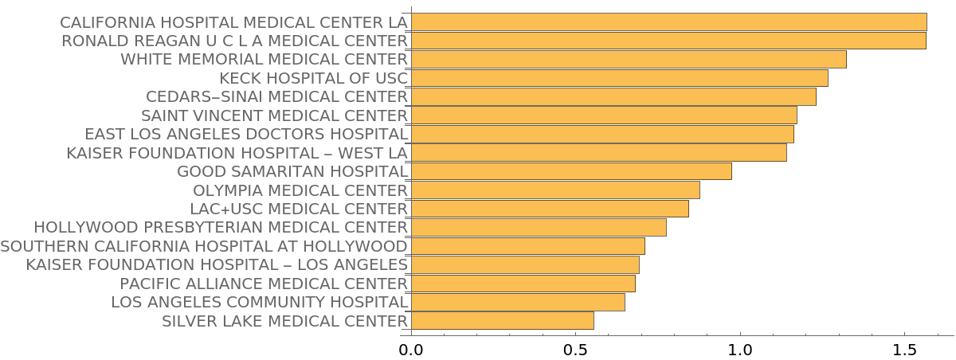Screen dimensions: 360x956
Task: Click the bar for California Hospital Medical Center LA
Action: point(668,22)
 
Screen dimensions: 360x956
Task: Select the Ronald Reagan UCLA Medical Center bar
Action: point(668,40)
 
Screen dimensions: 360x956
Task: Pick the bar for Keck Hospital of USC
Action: point(619,77)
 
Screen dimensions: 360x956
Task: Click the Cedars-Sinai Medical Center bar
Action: point(613,96)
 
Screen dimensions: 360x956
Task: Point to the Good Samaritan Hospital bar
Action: point(570,171)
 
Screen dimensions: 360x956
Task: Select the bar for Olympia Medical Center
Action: point(554,190)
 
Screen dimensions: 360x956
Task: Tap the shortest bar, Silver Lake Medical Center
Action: point(502,321)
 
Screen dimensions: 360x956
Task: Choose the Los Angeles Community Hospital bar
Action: point(517,302)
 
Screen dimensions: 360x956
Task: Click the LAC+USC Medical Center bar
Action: point(549,209)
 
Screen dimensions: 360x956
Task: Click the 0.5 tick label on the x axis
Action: point(575,350)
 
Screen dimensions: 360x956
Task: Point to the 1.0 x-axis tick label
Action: point(740,350)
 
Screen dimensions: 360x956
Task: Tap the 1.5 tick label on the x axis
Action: point(904,350)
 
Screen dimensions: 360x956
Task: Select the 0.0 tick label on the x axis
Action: point(411,350)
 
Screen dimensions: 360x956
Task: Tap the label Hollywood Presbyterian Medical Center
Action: point(221,228)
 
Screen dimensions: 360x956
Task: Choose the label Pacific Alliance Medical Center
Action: point(264,284)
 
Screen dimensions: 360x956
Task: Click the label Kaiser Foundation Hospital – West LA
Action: point(237,153)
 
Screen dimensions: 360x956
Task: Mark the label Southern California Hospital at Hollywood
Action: point(204,246)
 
